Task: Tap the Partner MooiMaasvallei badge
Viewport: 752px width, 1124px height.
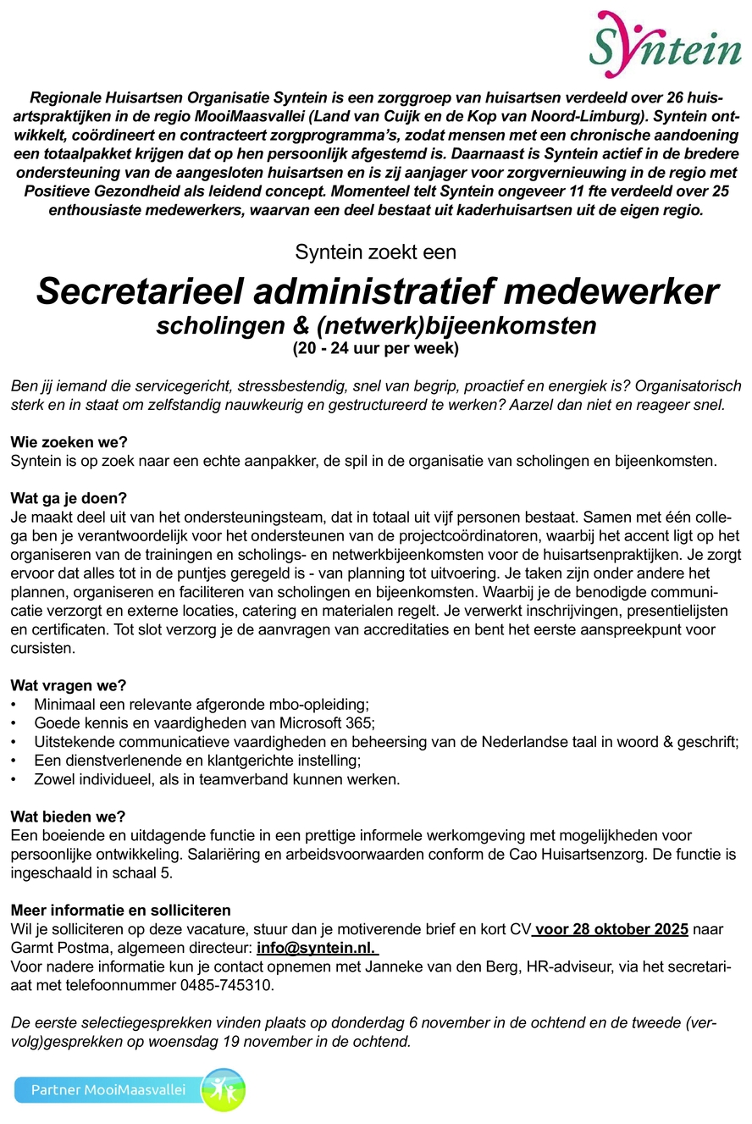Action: pyautogui.click(x=129, y=1089)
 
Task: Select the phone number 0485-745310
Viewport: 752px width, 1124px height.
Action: pyautogui.click(x=226, y=985)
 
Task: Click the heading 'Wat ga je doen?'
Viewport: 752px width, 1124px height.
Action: pyautogui.click(x=70, y=498)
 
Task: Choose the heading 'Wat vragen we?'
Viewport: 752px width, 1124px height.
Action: pyautogui.click(x=68, y=686)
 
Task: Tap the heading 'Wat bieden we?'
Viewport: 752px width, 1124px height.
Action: pyautogui.click(x=68, y=817)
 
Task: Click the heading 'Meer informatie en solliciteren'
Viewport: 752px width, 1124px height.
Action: pyautogui.click(x=120, y=911)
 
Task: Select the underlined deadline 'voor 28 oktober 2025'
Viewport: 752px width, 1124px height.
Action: pyautogui.click(x=611, y=929)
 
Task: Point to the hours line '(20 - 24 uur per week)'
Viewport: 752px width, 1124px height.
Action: pyautogui.click(x=376, y=347)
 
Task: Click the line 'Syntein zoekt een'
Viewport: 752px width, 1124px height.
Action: pyautogui.click(x=375, y=252)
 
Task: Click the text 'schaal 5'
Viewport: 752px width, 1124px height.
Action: pyautogui.click(x=145, y=872)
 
